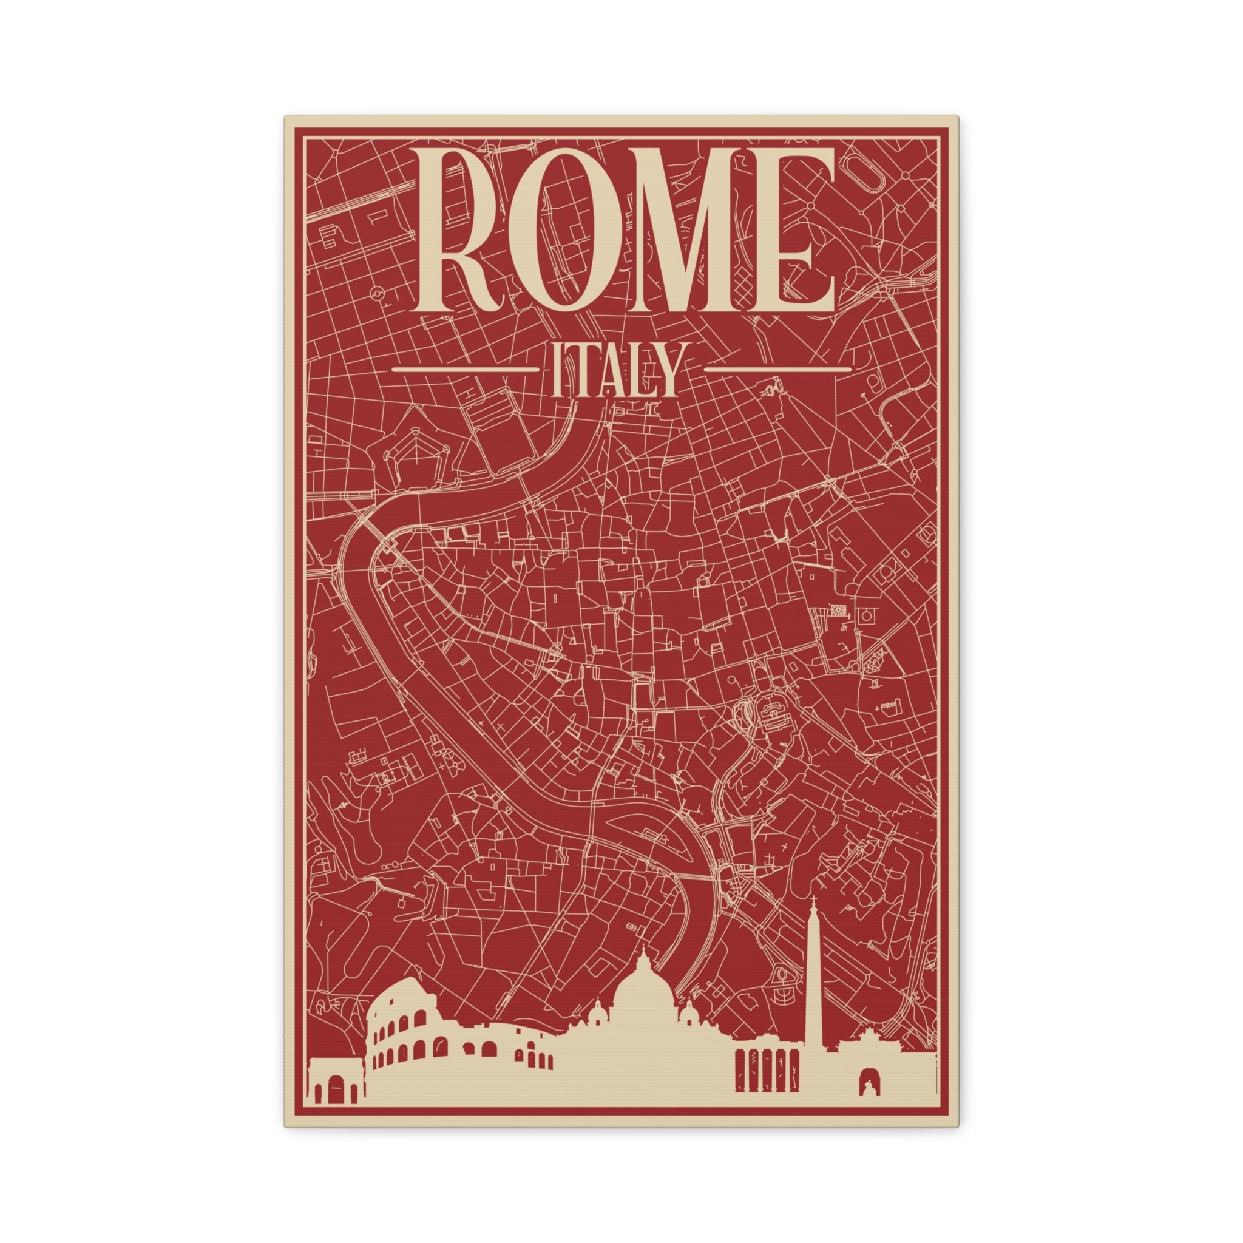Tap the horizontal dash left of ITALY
(x=464, y=370)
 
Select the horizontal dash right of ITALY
(x=778, y=370)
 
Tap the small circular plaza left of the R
(x=379, y=293)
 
